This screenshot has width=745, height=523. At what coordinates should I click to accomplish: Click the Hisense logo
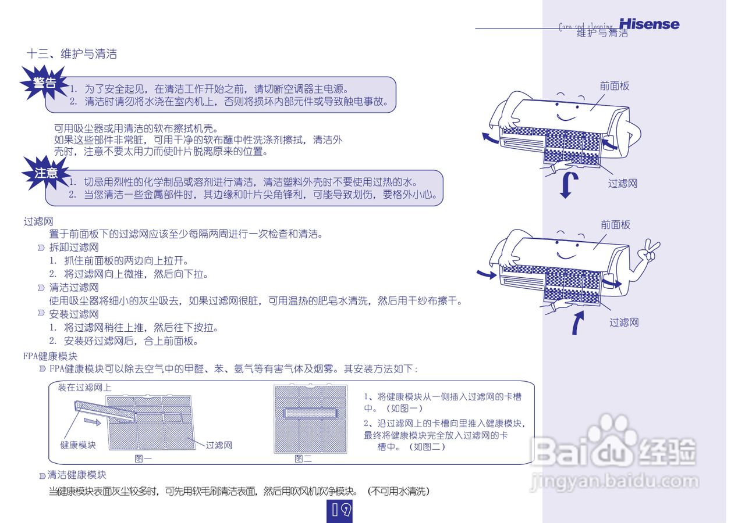pos(649,24)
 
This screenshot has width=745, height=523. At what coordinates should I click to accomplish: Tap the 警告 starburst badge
pos(44,83)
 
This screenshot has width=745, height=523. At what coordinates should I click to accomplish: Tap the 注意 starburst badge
pos(46,173)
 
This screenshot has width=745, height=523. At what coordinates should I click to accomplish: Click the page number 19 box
pos(340,510)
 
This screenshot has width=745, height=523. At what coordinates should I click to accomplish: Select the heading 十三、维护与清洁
pos(72,54)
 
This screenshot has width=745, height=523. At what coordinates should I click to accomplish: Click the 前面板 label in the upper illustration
pos(615,86)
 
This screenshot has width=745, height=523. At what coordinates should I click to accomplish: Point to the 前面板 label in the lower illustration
pos(615,225)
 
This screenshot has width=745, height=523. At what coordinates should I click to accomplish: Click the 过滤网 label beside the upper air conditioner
pos(623,184)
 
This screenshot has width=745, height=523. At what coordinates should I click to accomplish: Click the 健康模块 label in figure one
pos(78,445)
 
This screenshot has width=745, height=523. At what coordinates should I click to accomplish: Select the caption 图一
pos(143,458)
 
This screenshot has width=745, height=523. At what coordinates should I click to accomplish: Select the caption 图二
pos(303,458)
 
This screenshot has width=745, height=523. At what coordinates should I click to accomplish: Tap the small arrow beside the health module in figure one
pos(91,420)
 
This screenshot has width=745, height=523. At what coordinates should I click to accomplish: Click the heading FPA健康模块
pos(50,356)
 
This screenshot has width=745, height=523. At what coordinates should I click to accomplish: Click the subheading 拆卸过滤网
pos(74,248)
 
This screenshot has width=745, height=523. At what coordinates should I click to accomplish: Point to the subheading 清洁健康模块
pos(77,475)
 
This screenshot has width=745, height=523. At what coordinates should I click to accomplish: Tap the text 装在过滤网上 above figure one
pos(84,388)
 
